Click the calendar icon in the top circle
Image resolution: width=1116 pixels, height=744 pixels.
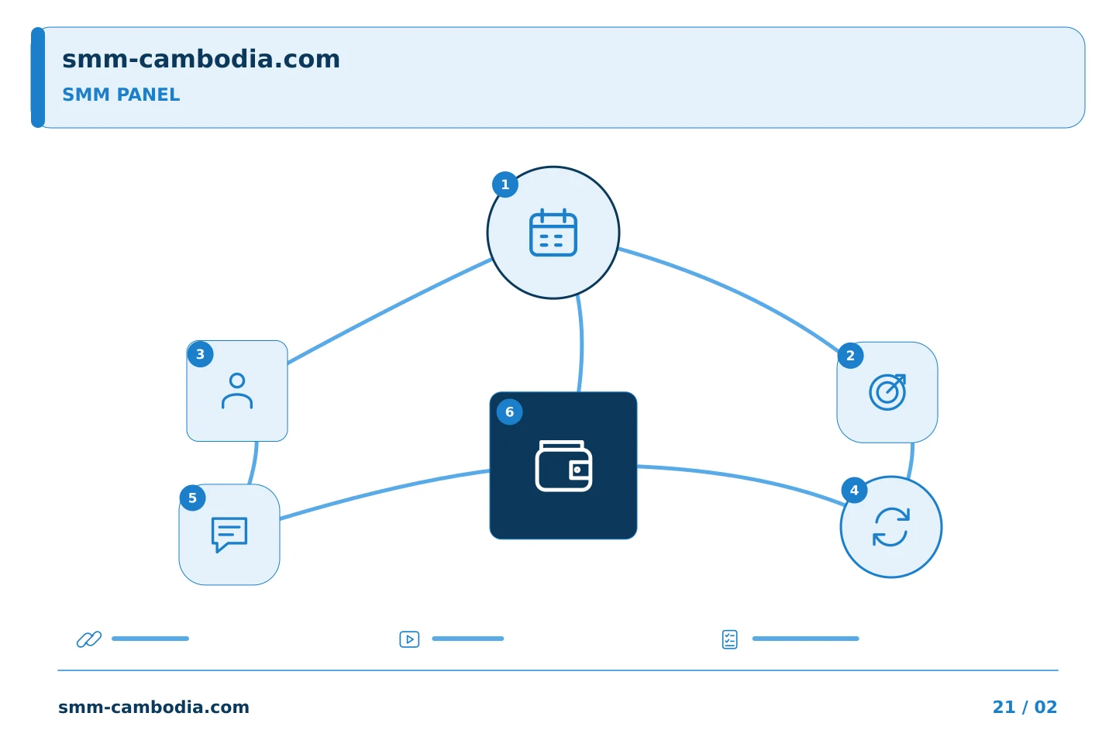(x=553, y=232)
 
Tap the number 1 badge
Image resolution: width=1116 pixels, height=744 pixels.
(x=505, y=184)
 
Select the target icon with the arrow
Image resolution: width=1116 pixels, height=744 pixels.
(x=887, y=392)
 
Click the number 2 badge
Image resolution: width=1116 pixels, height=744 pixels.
(x=850, y=355)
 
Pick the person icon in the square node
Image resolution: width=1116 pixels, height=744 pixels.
(x=237, y=391)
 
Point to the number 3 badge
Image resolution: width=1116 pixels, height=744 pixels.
(x=200, y=354)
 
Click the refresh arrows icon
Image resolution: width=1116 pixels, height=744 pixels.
(x=891, y=527)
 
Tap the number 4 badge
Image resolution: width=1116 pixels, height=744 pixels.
(x=854, y=490)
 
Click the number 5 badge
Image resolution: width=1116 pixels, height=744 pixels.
(x=192, y=498)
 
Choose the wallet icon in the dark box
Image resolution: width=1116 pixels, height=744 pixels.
(x=563, y=466)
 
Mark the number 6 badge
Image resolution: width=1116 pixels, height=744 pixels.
(x=510, y=412)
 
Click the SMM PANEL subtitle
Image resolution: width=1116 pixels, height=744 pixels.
(x=121, y=95)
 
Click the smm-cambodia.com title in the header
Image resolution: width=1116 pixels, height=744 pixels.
(x=201, y=59)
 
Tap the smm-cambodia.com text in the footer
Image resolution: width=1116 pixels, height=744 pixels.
(x=153, y=707)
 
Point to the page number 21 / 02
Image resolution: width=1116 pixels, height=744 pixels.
(x=1025, y=707)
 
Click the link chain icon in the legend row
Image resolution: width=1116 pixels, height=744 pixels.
(x=89, y=639)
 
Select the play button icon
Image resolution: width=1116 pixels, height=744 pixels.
(x=409, y=639)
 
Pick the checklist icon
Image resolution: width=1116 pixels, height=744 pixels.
(x=730, y=639)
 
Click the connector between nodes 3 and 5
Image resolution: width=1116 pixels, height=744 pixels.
(x=254, y=463)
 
